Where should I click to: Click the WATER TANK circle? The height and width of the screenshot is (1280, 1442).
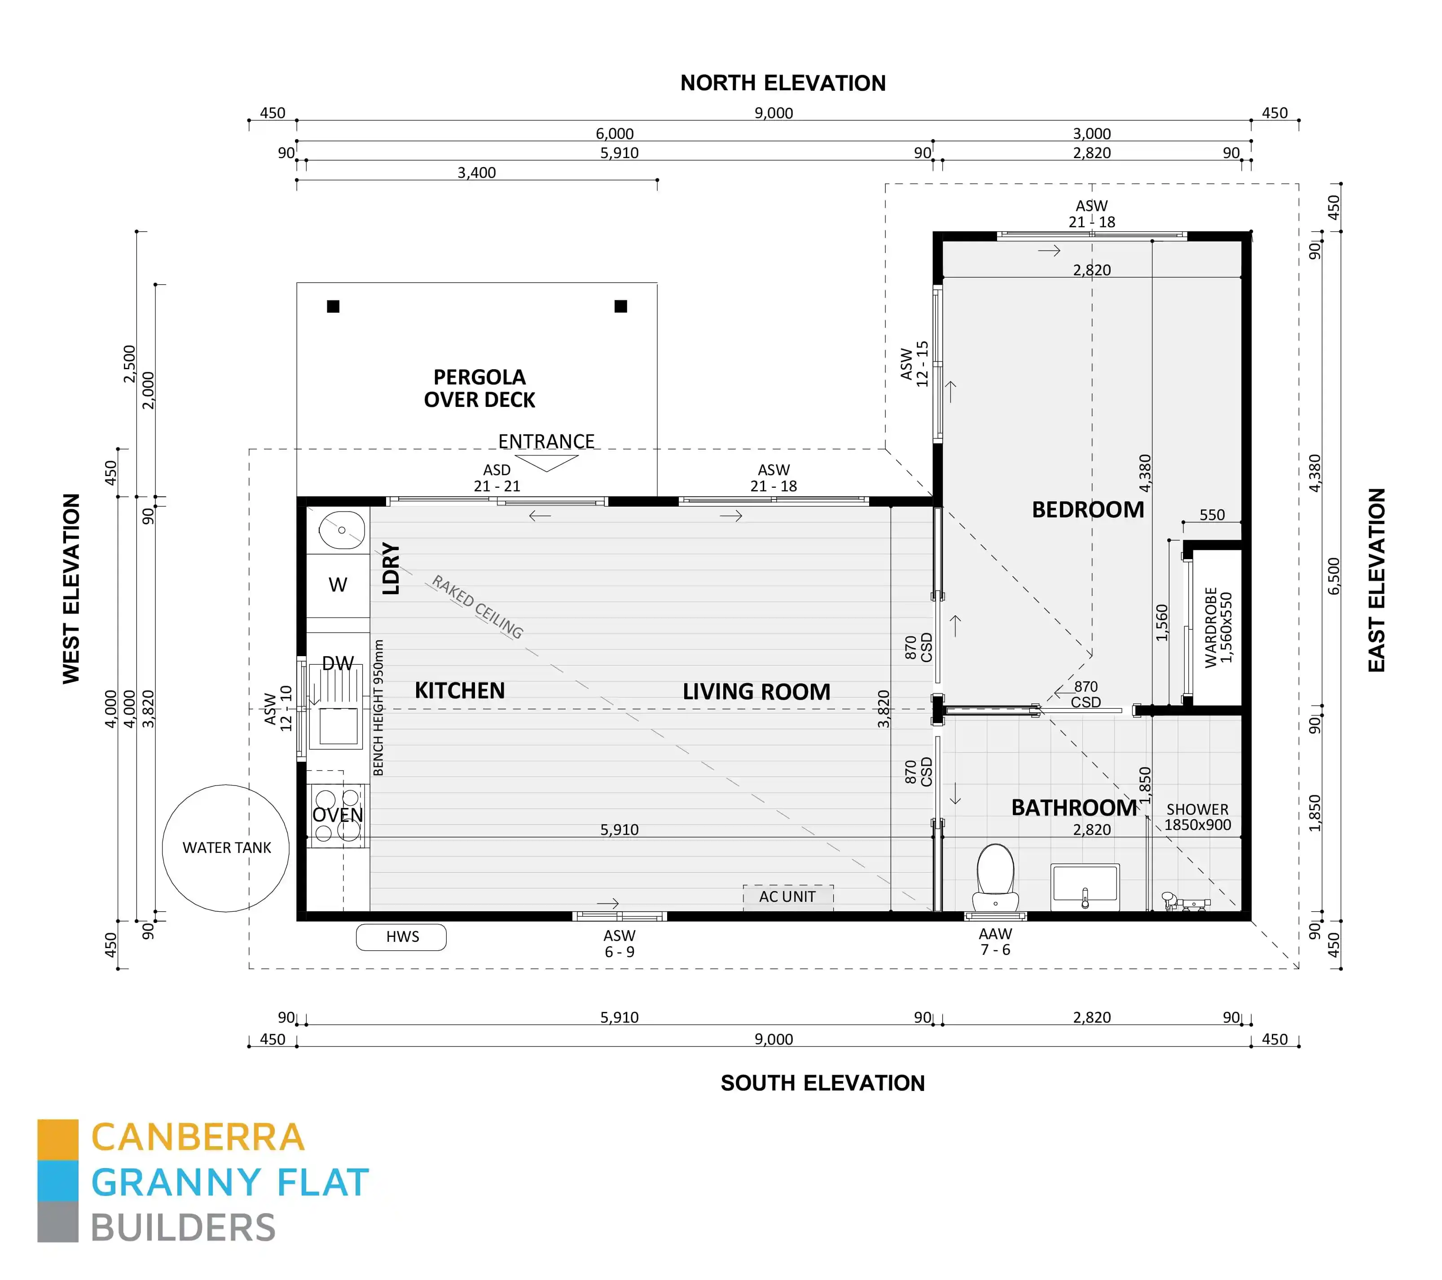click(226, 847)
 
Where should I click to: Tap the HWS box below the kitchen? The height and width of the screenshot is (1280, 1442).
click(401, 936)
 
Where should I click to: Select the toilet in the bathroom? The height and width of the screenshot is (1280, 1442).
click(995, 878)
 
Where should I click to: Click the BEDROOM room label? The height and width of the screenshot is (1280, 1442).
click(1087, 509)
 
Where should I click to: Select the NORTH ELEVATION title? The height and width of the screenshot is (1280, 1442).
click(783, 83)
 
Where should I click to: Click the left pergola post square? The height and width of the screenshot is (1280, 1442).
click(333, 306)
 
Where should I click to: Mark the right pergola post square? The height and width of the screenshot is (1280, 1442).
click(621, 306)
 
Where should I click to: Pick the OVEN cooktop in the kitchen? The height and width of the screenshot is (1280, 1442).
click(337, 815)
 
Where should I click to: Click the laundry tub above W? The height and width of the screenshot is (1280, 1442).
click(342, 529)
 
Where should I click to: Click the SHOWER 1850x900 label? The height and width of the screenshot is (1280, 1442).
click(1197, 817)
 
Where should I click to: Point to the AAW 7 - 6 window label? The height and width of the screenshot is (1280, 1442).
click(995, 941)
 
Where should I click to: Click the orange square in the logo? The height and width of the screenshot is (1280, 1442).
click(58, 1139)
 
